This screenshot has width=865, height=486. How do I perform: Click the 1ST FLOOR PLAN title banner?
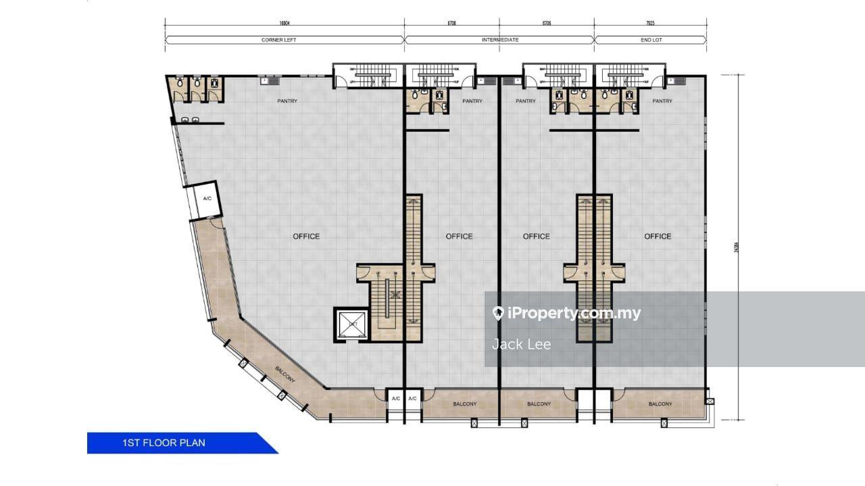(x=164, y=443)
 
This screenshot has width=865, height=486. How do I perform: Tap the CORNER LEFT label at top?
(x=278, y=40)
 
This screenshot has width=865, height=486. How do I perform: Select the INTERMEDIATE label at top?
(x=500, y=40)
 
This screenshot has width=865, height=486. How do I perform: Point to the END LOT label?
(x=651, y=40)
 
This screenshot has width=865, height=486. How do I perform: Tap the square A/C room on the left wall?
(x=207, y=198)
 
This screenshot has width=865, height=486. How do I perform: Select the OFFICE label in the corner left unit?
(x=306, y=236)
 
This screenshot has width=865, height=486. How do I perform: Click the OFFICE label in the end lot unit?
(x=658, y=236)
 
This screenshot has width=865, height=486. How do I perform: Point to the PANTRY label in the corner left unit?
(x=287, y=101)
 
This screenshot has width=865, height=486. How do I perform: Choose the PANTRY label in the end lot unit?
(x=662, y=101)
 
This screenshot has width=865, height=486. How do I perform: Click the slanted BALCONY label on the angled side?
(x=285, y=374)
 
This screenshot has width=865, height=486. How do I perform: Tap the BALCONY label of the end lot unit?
(x=660, y=404)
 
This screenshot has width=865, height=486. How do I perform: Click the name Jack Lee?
(x=521, y=344)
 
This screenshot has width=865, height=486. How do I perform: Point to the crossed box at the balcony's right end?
(x=709, y=401)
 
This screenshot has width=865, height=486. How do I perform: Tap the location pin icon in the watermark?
(x=499, y=313)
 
